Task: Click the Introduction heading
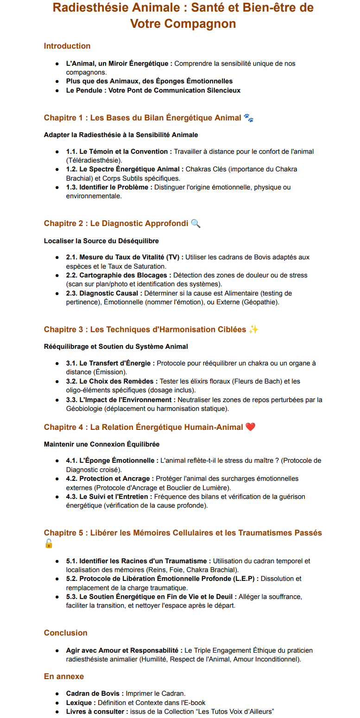(x=67, y=46)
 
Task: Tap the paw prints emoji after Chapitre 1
(x=249, y=118)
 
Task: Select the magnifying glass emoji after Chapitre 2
(x=196, y=223)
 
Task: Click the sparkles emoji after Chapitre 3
(x=253, y=329)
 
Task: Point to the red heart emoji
(x=250, y=427)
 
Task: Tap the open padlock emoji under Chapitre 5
(x=49, y=544)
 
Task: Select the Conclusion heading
(x=65, y=633)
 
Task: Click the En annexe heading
(x=64, y=676)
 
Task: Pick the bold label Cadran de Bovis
(x=95, y=693)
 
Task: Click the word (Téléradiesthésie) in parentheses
(x=95, y=160)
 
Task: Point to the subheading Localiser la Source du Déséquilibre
(x=101, y=241)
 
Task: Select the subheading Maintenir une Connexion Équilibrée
(x=101, y=444)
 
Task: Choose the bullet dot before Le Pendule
(x=57, y=90)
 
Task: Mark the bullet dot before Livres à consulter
(x=57, y=712)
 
